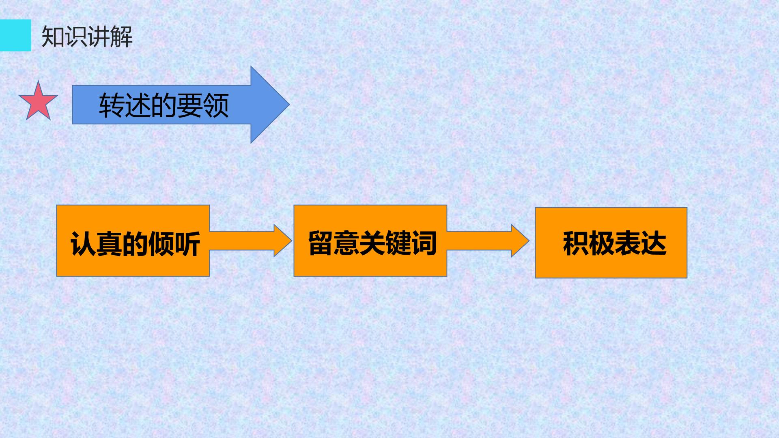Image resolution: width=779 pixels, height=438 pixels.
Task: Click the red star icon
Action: tap(38, 102)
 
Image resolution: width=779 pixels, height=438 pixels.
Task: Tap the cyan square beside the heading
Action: tap(15, 35)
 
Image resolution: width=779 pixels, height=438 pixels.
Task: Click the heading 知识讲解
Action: tap(87, 37)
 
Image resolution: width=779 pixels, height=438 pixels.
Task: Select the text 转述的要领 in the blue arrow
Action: tap(164, 105)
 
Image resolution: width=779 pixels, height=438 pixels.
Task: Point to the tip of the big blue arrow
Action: tap(289, 105)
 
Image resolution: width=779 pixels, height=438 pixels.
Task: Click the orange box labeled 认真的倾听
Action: tap(133, 241)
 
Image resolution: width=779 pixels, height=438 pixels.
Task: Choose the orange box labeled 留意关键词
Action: tap(370, 241)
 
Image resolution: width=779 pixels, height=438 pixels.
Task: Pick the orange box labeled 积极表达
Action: tap(611, 243)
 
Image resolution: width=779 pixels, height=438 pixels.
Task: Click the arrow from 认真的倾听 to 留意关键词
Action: tap(251, 240)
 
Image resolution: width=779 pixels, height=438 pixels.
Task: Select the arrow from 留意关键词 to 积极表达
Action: tap(488, 240)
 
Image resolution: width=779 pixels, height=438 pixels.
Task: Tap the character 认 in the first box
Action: tap(83, 244)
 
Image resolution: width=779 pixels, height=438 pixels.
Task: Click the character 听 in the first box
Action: tap(187, 244)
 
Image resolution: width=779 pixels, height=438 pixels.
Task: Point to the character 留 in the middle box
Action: tap(321, 243)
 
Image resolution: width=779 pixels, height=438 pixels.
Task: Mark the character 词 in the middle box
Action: tap(424, 243)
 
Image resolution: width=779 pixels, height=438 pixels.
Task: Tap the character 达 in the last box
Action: tap(654, 243)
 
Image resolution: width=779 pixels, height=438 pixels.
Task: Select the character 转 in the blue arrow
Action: tap(112, 105)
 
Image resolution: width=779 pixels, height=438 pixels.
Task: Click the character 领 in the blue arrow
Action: tap(216, 105)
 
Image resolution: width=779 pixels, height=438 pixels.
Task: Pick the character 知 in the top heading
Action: tap(53, 37)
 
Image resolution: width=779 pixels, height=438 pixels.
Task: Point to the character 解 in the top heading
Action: tap(121, 37)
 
